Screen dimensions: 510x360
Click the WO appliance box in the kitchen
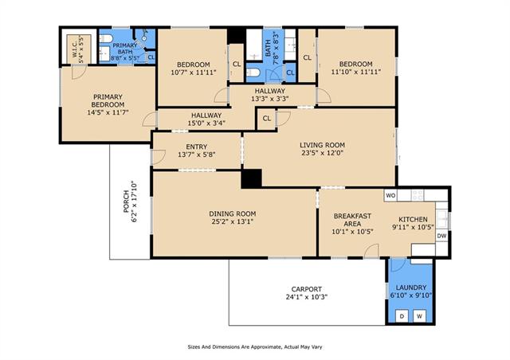click(x=390, y=195)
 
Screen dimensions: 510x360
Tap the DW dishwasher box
click(x=441, y=236)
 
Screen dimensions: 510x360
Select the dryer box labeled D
click(x=402, y=316)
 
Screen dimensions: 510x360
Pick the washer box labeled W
click(x=420, y=316)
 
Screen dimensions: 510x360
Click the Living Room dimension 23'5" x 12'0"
click(x=322, y=153)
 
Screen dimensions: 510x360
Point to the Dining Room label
click(x=232, y=213)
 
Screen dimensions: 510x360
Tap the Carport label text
click(x=306, y=289)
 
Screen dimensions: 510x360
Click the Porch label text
click(x=126, y=202)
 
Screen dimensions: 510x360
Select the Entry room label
click(x=197, y=147)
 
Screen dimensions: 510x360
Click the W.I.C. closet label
click(x=74, y=49)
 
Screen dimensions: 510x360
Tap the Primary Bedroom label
click(x=108, y=100)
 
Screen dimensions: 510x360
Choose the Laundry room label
click(x=411, y=288)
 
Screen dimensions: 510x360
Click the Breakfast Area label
click(x=352, y=220)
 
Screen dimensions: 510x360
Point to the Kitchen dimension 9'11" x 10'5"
click(x=413, y=227)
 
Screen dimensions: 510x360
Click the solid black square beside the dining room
click(x=252, y=178)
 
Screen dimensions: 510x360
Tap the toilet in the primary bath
click(x=105, y=39)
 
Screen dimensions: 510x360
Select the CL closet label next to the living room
click(x=267, y=119)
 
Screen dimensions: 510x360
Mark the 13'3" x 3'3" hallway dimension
click(x=269, y=99)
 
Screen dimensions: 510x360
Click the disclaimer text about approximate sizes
click(x=255, y=347)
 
